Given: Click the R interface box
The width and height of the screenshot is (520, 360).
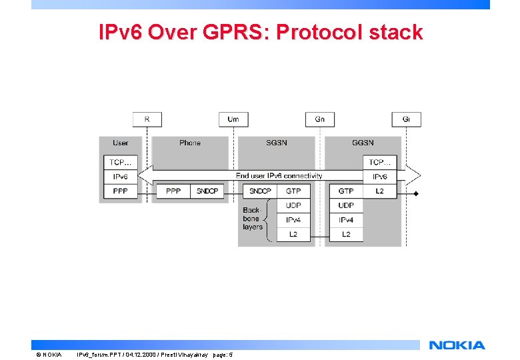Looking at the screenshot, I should click(147, 119).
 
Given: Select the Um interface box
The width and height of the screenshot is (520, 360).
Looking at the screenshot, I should click(233, 119).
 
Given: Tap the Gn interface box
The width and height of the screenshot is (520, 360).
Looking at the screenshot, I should click(320, 119).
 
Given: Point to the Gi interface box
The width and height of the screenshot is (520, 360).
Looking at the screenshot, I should click(407, 119).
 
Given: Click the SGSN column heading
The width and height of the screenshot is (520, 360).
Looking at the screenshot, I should click(277, 143).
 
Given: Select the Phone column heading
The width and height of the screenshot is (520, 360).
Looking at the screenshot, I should click(190, 143).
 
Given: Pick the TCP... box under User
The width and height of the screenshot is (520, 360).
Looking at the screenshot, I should click(121, 162).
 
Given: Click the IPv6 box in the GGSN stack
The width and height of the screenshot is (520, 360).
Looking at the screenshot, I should click(379, 177).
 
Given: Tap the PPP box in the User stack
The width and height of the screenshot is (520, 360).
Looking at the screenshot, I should click(121, 191).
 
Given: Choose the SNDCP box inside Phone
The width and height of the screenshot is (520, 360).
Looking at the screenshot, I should click(207, 191).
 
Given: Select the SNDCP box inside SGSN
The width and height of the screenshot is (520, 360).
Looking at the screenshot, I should click(261, 191).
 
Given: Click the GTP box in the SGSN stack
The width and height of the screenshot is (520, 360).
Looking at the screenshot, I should click(293, 191).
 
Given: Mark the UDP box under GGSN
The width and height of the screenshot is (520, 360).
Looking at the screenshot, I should click(346, 205).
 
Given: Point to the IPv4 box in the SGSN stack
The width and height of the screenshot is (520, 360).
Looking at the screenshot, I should click(293, 220).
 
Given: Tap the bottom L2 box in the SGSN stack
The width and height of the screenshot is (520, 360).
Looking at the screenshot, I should click(293, 235).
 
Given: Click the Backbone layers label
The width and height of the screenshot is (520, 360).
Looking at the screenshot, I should click(252, 219).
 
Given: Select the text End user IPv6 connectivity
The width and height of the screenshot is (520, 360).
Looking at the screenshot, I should click(279, 176).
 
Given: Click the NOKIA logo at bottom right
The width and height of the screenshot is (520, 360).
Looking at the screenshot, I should click(457, 345).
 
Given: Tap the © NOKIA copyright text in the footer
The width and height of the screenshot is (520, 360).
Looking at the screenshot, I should click(48, 354).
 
